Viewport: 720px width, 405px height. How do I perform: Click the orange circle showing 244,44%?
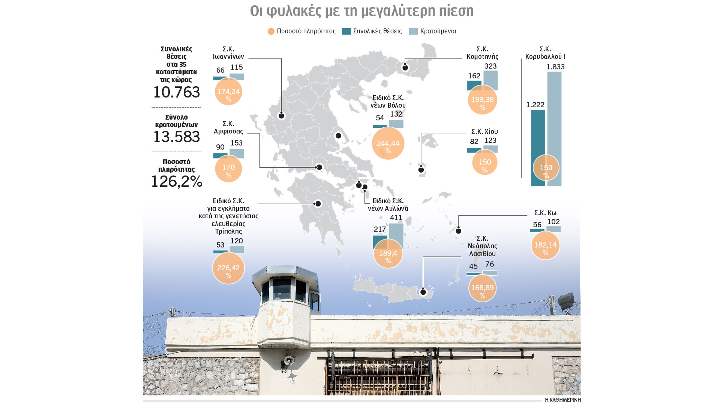click(388, 143)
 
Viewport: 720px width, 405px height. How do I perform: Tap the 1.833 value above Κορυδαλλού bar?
click(555, 67)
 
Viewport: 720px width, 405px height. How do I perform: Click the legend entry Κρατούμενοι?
click(438, 31)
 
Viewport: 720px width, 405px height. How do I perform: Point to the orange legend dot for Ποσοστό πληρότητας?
click(271, 31)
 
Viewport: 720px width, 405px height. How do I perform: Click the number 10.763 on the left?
click(177, 92)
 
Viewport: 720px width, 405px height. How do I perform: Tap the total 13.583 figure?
click(177, 137)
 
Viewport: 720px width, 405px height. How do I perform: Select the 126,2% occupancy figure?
click(177, 182)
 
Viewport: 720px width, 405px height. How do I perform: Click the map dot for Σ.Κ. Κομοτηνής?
click(405, 68)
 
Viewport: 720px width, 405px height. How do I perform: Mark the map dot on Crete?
click(423, 292)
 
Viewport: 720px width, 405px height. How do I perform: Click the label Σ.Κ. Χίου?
click(484, 132)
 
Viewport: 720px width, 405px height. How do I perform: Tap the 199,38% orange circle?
click(482, 100)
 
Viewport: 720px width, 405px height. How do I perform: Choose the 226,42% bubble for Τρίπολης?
click(228, 268)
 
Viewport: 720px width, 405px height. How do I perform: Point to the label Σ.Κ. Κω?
click(545, 213)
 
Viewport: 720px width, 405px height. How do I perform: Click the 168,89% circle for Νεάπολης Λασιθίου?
click(482, 288)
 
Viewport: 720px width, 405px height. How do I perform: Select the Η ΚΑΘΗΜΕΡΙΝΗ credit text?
click(562, 400)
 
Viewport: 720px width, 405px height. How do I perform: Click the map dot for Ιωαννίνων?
click(282, 116)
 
